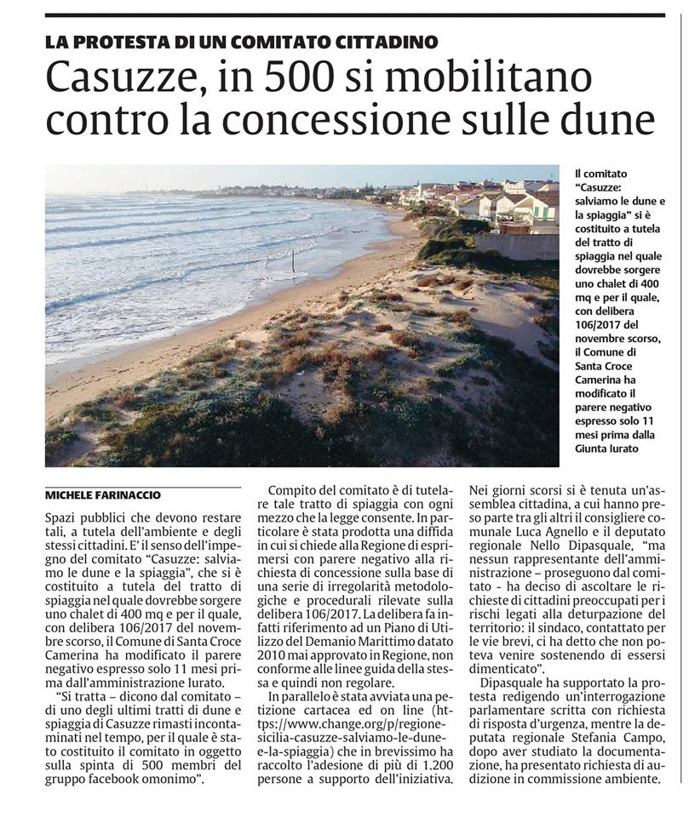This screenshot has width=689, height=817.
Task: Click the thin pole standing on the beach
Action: [292, 262]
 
